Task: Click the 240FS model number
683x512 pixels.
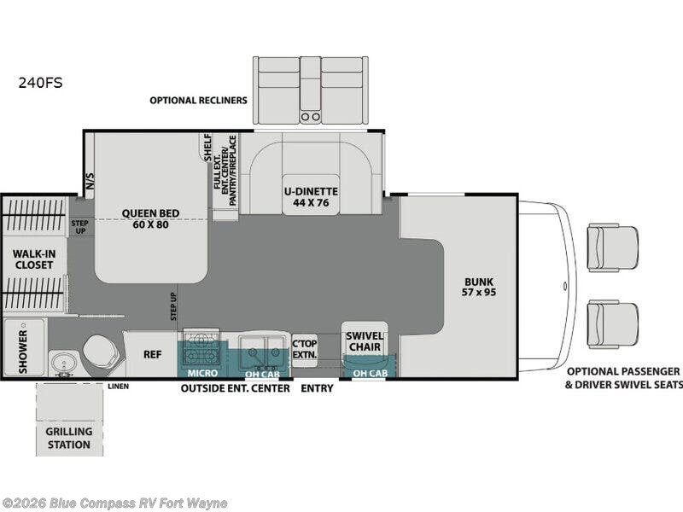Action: [x=40, y=83]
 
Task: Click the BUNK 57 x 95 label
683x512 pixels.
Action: [x=479, y=287]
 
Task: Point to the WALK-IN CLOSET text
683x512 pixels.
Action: [x=34, y=259]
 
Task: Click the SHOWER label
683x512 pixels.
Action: [x=23, y=352]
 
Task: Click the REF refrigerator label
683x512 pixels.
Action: [x=153, y=354]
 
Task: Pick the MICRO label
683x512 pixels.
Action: [x=202, y=373]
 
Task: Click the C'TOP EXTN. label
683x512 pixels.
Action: [x=305, y=349]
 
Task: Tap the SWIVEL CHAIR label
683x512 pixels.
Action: [x=365, y=342]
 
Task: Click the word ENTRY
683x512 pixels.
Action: [x=317, y=388]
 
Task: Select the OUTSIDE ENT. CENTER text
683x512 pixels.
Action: [x=236, y=388]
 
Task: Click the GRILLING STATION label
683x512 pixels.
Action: [x=69, y=438]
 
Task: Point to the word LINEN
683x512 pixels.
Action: [x=119, y=387]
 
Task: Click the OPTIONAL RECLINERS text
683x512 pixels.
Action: [x=198, y=100]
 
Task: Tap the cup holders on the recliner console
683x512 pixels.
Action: [x=311, y=117]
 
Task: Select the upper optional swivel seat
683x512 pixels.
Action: [x=612, y=248]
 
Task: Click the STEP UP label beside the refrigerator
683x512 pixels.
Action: [x=173, y=306]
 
